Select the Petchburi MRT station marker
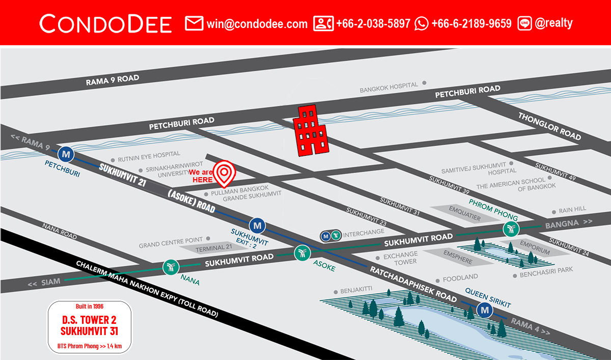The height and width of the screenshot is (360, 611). [65, 153]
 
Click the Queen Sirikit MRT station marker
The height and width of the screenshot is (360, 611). [484, 310]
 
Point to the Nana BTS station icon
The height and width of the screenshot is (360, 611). [171, 267]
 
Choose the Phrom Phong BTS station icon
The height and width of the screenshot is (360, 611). [510, 229]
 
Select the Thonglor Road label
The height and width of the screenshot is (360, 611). [549, 126]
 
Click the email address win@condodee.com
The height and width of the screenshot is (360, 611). [257, 23]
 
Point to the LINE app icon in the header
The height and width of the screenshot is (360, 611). [524, 23]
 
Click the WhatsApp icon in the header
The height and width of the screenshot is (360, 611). [422, 23]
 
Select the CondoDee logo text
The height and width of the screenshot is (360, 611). [106, 23]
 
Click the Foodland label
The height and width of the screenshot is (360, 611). [460, 278]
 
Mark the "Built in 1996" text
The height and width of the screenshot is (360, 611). [90, 306]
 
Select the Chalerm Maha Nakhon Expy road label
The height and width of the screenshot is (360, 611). [148, 290]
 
